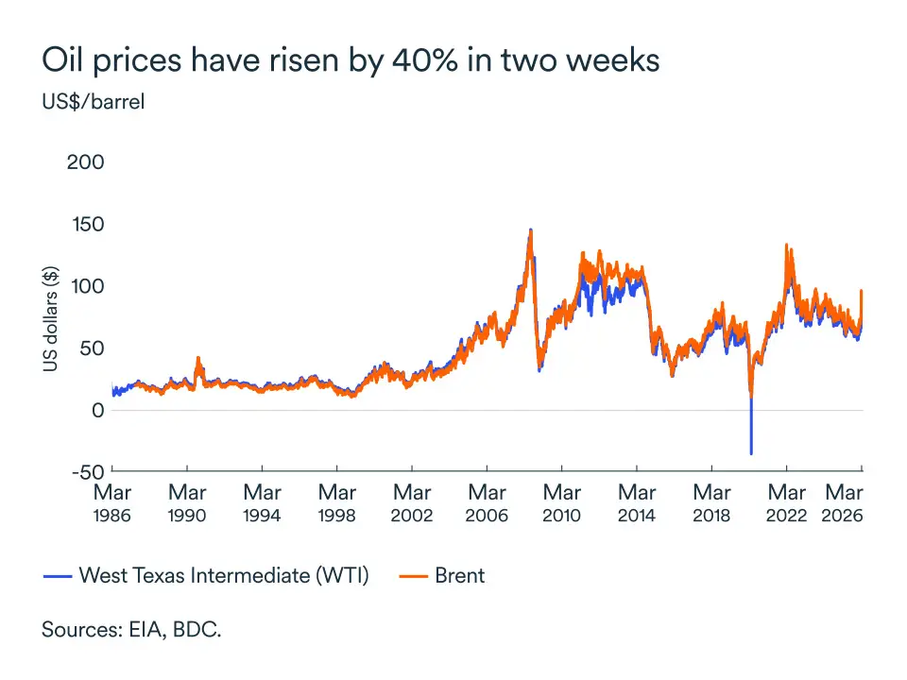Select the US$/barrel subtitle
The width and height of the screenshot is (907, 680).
pos(94,101)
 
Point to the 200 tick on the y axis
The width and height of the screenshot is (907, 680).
pos(85,162)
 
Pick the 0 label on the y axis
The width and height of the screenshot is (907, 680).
pos(97,410)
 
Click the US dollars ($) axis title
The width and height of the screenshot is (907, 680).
pos(49,317)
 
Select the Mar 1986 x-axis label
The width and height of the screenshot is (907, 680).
pos(112,503)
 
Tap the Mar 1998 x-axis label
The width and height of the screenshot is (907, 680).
pos(337,503)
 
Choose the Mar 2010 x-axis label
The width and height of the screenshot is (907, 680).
pos(562,503)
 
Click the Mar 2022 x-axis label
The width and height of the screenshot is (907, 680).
pos(786,503)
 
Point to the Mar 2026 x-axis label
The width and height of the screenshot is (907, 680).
pos(845,503)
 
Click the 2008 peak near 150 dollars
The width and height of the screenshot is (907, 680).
pos(530,231)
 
